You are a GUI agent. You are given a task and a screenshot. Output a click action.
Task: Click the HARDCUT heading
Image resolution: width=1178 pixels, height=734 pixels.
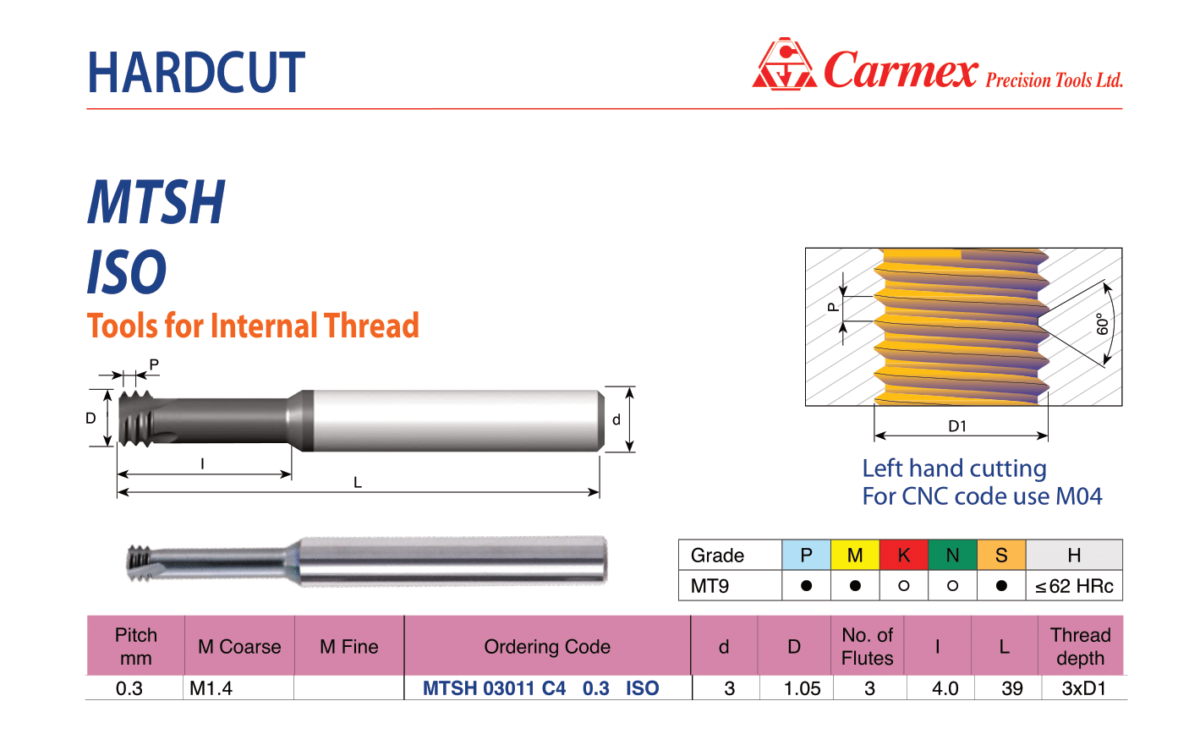[x=196, y=72]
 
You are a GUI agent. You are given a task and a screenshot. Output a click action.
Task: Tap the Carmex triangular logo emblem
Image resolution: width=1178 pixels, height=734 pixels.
[x=785, y=63]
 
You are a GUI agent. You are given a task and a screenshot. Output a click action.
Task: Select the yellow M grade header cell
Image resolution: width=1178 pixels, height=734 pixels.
[x=855, y=555]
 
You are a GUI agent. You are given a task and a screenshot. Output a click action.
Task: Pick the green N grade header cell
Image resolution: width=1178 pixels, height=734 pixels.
[x=952, y=555]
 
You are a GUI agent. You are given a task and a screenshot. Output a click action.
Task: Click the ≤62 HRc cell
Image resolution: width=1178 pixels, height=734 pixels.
[x=1074, y=586]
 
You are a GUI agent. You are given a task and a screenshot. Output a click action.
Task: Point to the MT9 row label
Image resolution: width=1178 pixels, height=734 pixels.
[x=710, y=586]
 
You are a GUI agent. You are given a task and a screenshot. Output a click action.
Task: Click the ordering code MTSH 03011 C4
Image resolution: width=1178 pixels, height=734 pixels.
[x=495, y=688]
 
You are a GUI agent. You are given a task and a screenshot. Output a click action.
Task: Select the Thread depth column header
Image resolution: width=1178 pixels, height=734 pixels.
[x=1081, y=646]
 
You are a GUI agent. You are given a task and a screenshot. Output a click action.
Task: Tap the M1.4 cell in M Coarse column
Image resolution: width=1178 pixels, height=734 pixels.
[x=211, y=688]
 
